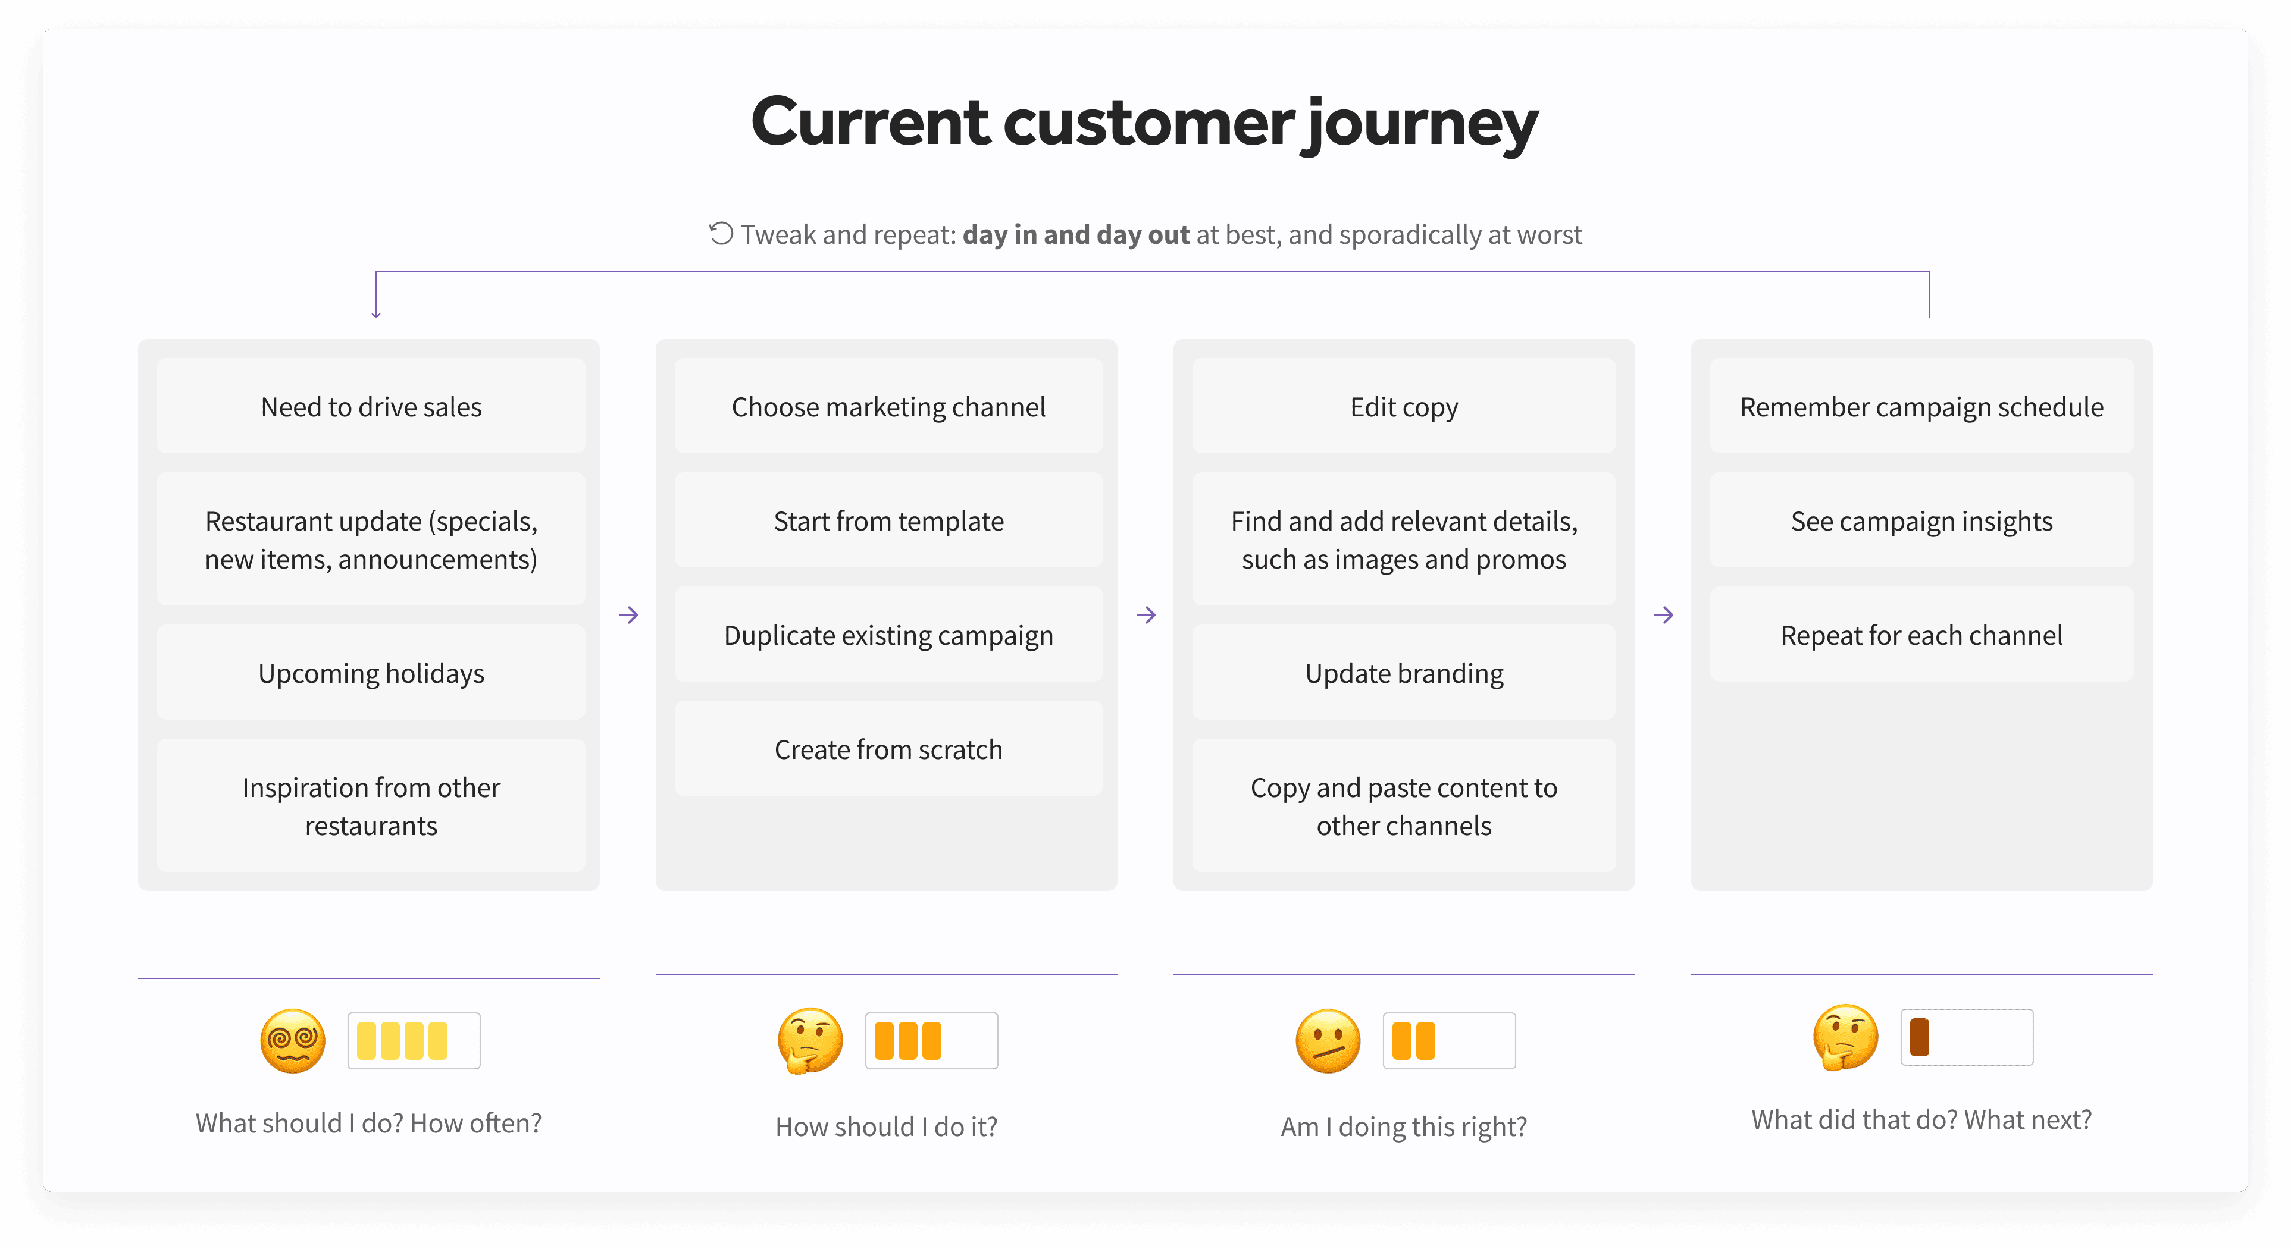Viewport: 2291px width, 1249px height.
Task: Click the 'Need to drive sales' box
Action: (371, 406)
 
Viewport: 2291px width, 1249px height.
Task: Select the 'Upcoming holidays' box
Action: (371, 673)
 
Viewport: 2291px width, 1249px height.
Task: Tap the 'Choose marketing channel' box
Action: (888, 406)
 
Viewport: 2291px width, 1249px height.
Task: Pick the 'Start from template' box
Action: (888, 521)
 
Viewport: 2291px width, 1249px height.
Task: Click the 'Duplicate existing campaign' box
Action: (888, 635)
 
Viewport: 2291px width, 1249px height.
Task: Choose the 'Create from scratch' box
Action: (888, 749)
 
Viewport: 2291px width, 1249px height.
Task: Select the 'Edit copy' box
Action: (1404, 406)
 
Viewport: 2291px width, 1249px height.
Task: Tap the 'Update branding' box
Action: (1404, 673)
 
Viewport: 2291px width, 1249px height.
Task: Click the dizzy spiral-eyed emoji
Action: (293, 1041)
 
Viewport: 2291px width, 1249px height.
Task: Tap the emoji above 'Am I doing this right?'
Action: (1328, 1041)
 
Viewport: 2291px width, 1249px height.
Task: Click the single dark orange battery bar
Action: (1919, 1037)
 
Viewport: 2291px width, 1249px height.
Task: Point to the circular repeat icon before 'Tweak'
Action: (721, 234)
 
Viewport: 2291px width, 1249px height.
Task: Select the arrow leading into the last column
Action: (1664, 615)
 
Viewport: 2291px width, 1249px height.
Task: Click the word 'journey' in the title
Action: (1419, 124)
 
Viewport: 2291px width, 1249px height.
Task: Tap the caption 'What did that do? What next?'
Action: (1921, 1119)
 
